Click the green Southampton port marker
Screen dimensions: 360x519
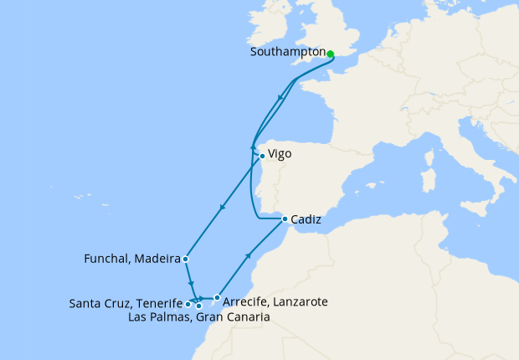point(330,54)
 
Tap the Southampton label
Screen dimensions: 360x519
point(287,52)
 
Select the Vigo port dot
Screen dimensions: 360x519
point(262,156)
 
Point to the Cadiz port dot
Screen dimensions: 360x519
point(285,219)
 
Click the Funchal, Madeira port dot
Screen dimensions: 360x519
point(185,260)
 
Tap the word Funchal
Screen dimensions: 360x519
point(110,259)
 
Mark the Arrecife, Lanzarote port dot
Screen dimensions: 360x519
point(217,297)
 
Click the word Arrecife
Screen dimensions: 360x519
point(248,301)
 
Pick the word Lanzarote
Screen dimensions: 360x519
point(301,301)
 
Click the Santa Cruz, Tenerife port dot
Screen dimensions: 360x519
point(188,305)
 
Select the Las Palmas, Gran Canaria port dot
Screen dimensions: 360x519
point(199,306)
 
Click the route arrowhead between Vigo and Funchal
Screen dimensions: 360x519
point(221,208)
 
